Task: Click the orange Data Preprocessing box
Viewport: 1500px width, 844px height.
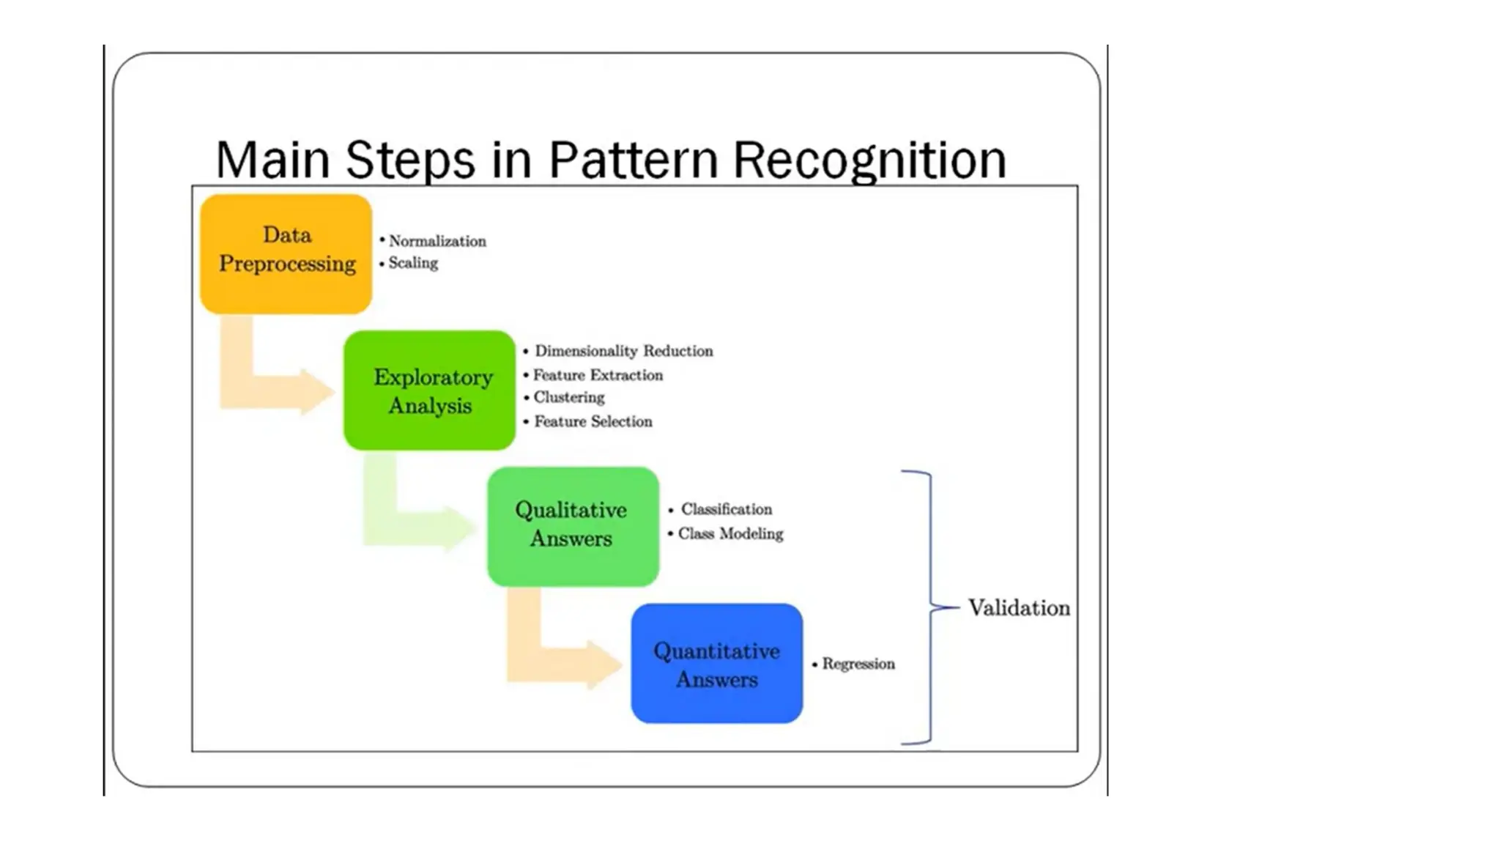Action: click(286, 253)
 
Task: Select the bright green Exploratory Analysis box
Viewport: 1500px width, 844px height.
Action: click(429, 390)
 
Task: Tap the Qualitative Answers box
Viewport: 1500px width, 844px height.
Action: click(573, 526)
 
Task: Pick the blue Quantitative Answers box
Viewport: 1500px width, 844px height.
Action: click(716, 664)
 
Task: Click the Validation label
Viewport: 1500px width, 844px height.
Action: click(1018, 608)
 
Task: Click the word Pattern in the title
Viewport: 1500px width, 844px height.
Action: click(634, 160)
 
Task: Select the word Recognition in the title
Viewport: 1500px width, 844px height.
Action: click(869, 160)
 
